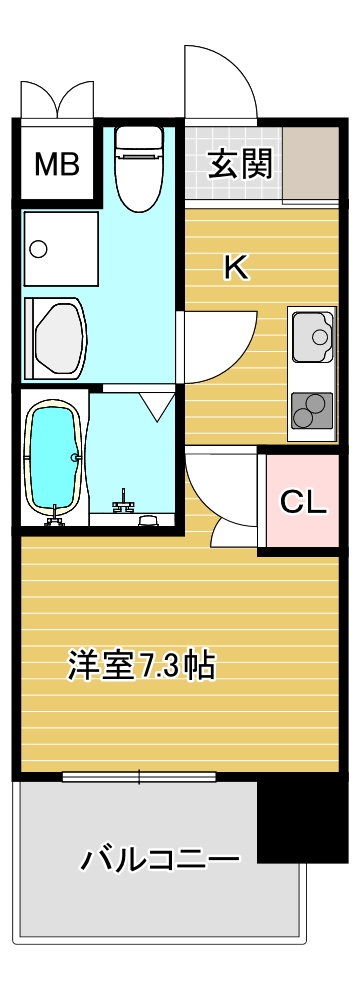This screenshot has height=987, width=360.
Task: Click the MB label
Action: (57, 164)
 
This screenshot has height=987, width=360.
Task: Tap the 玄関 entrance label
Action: (240, 163)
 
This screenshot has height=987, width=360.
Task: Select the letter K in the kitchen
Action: (237, 269)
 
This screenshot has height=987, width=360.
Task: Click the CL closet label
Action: (303, 501)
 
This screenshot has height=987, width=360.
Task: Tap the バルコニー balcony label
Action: (160, 859)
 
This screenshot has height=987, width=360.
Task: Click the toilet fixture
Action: (139, 169)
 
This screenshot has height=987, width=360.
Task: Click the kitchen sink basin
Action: (312, 335)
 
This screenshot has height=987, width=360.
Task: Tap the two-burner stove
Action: (312, 410)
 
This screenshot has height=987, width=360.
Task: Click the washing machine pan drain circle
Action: (39, 248)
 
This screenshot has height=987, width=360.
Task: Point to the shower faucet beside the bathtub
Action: (123, 502)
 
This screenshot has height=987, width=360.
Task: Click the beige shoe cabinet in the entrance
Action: (311, 163)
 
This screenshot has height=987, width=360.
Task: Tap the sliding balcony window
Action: (139, 777)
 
